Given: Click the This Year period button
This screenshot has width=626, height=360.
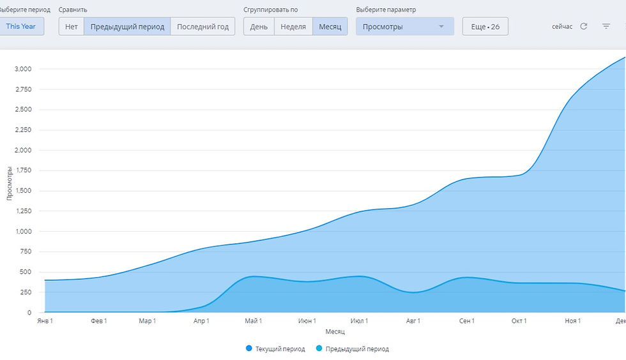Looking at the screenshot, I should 21,27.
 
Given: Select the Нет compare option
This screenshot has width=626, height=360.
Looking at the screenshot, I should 71,27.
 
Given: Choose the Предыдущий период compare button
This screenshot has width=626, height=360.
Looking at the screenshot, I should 127,27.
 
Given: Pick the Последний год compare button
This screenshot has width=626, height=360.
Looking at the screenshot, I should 202,27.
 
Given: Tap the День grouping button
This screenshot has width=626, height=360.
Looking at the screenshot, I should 259,27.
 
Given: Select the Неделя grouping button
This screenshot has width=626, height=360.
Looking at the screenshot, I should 293,27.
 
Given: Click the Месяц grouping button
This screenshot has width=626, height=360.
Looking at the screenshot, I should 330,27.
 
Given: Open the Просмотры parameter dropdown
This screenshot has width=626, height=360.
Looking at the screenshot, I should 404,27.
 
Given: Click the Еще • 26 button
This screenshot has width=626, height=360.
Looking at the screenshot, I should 485,27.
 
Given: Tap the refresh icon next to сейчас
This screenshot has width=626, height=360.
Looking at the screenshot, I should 583,26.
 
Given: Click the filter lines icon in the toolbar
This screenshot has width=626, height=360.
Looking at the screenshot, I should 606,26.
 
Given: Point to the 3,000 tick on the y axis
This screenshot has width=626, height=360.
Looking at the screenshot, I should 22,69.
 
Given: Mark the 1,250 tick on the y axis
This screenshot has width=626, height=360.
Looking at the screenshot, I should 22,211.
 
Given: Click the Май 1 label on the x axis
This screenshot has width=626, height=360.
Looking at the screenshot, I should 254,320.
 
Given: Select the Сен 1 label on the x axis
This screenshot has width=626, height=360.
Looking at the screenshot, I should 466,320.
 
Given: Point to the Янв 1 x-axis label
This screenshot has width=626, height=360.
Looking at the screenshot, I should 45,320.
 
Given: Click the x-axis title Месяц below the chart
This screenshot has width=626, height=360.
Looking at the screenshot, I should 335,331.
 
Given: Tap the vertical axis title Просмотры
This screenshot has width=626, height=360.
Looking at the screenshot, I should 10,184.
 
